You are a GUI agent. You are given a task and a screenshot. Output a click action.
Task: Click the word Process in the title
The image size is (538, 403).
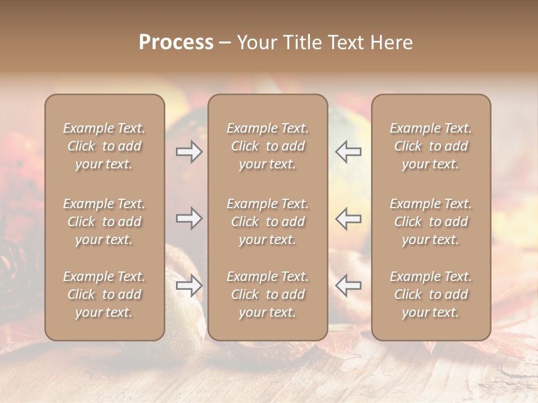pos(176,43)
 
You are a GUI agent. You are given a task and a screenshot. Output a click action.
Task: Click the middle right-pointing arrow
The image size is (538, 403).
pos(189,218)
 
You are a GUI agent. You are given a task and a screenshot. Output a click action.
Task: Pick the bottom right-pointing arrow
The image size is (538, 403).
pos(189,285)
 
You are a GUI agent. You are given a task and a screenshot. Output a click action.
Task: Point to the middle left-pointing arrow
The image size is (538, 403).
pos(349,218)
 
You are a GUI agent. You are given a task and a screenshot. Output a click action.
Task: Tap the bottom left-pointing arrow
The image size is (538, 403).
pos(349,285)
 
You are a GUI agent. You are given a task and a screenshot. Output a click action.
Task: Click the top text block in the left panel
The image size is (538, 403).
pos(104,146)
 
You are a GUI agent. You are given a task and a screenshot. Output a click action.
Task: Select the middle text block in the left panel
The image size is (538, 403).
pos(104,222)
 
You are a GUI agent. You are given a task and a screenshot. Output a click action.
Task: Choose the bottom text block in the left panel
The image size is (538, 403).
pos(104,294)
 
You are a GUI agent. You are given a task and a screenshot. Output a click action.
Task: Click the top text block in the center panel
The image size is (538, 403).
pos(268,146)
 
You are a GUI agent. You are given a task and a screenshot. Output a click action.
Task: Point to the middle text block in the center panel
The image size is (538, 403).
pos(268,222)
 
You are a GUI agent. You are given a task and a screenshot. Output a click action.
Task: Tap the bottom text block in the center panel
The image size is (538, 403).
pos(268,294)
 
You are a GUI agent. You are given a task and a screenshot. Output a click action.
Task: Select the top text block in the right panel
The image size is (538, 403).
pos(431,146)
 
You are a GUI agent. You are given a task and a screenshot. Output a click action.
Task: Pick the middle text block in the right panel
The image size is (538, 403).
pos(431,222)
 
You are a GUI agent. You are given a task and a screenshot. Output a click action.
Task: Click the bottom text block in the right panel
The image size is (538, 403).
pos(431,294)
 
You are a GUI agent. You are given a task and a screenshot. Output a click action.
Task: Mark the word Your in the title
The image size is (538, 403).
pos(256,43)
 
